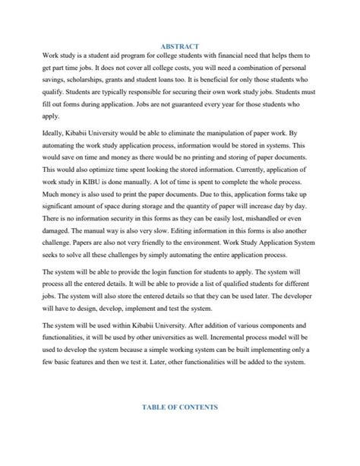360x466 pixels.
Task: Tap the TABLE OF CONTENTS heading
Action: [179, 407]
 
